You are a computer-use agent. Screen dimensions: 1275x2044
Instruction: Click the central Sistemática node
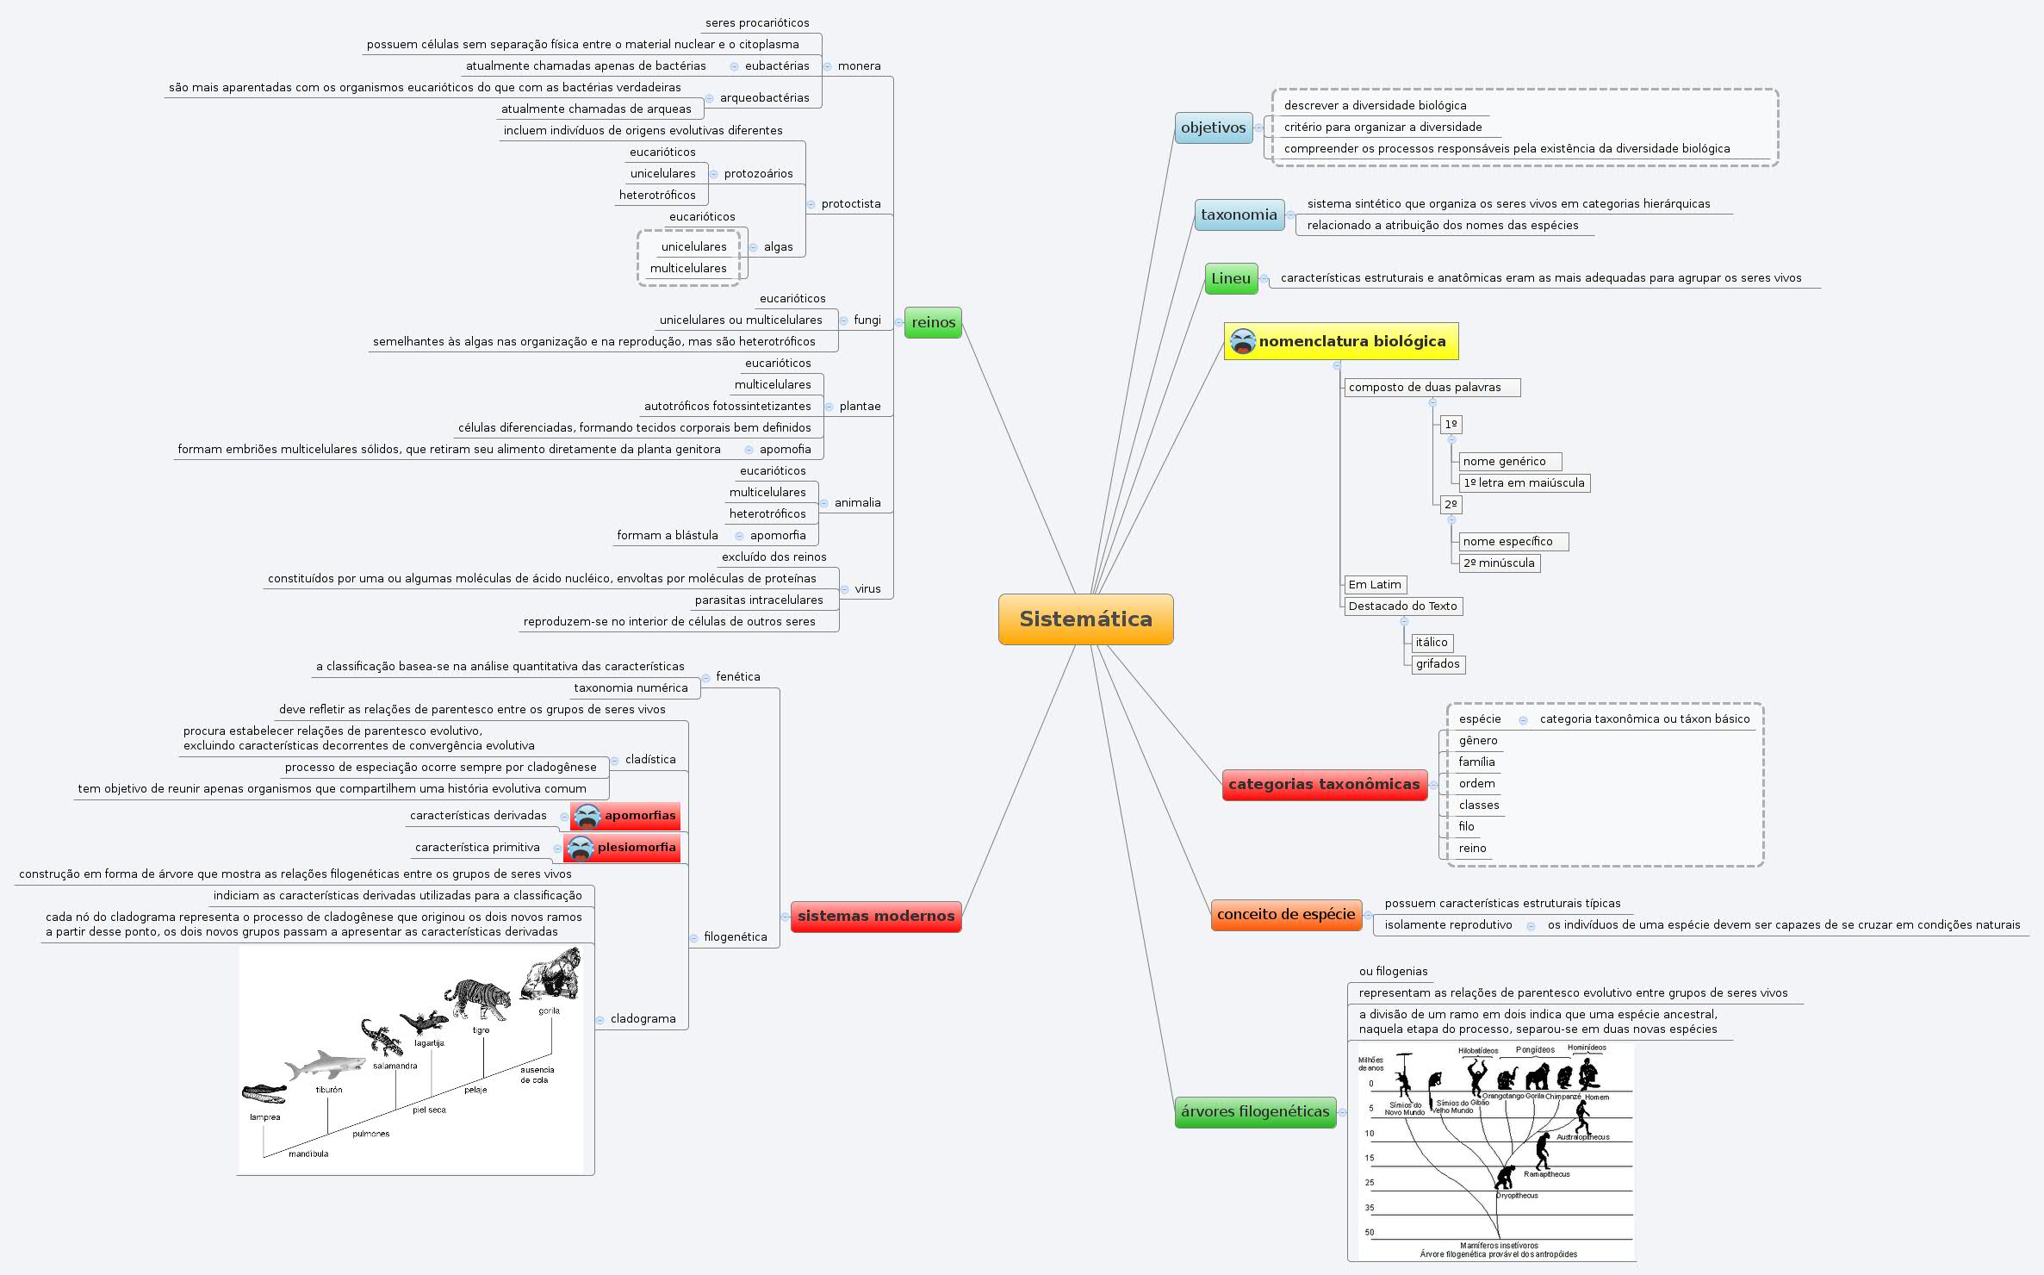(x=1085, y=619)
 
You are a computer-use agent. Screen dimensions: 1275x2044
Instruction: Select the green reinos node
(x=933, y=322)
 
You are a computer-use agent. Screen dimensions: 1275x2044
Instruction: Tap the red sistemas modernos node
(x=876, y=916)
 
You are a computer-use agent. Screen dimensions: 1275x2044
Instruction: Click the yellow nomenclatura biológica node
(x=1351, y=341)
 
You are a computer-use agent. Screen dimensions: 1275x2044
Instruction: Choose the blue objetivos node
(x=1213, y=127)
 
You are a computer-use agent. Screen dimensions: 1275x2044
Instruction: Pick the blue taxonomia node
(x=1239, y=215)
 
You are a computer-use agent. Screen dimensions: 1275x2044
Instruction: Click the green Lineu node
(x=1230, y=278)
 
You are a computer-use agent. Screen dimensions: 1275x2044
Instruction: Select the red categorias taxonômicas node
(x=1324, y=784)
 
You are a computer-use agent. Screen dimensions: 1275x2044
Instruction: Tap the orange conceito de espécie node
(x=1286, y=914)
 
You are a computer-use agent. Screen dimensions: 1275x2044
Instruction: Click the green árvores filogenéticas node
(x=1255, y=1111)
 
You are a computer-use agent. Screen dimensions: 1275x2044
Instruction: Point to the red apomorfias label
(x=639, y=815)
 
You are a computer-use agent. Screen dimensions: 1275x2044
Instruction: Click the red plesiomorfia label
(x=636, y=847)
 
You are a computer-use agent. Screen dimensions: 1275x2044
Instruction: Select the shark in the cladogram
(x=314, y=1067)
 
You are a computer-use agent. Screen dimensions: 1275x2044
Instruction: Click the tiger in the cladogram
(x=477, y=999)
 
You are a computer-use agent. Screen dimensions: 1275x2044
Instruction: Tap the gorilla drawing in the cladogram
(x=551, y=973)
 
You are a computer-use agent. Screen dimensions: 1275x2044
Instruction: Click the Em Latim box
(x=1375, y=584)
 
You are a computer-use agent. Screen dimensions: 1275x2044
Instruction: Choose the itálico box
(x=1432, y=642)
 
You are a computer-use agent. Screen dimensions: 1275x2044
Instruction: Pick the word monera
(x=859, y=65)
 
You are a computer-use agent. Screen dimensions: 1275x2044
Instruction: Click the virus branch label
(x=867, y=588)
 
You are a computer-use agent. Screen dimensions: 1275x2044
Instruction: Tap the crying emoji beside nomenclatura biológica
(x=1243, y=341)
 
